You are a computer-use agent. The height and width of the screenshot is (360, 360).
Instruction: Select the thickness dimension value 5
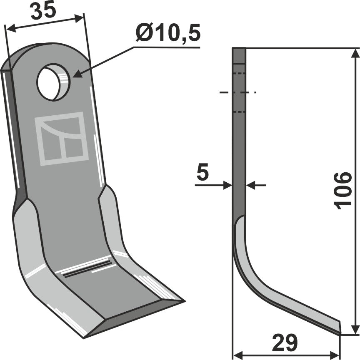point(202,174)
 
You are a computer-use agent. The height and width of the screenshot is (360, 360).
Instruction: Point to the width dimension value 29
point(285,343)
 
